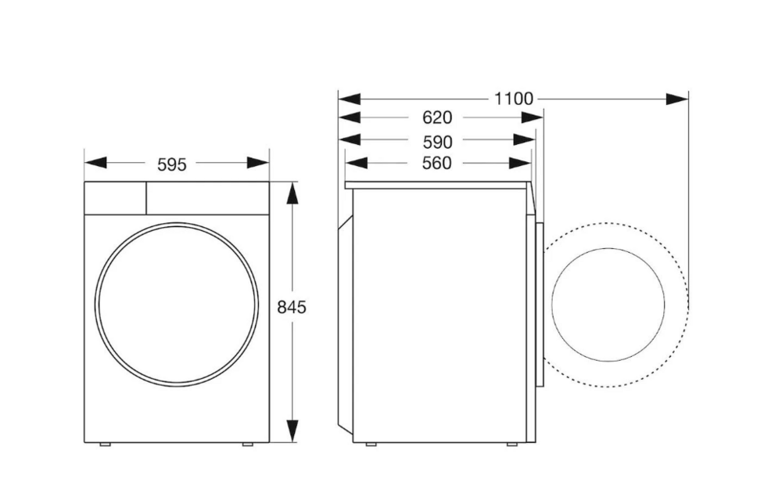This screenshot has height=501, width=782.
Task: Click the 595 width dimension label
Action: pos(172,164)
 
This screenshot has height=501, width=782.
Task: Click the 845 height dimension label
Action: pos(292,308)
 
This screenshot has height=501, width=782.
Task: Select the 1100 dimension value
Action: pos(514,99)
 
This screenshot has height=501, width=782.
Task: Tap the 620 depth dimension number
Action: pos(437,118)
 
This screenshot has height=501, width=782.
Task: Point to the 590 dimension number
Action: pos(437,142)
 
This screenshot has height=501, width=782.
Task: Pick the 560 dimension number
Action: pos(437,163)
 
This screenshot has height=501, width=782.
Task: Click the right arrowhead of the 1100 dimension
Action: pos(677,99)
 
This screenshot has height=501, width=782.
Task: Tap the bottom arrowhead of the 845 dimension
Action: pos(292,430)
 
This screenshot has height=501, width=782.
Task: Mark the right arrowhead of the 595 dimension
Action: pos(258,163)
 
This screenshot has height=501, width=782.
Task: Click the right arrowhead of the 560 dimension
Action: pos(520,163)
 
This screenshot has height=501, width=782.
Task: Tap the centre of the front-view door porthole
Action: pos(176,303)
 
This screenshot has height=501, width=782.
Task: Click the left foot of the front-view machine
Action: pos(105,445)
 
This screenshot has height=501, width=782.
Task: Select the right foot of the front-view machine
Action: pos(247,445)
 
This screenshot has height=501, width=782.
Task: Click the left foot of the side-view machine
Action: pos(371,445)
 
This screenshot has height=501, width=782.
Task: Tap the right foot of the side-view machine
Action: pos(511,445)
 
